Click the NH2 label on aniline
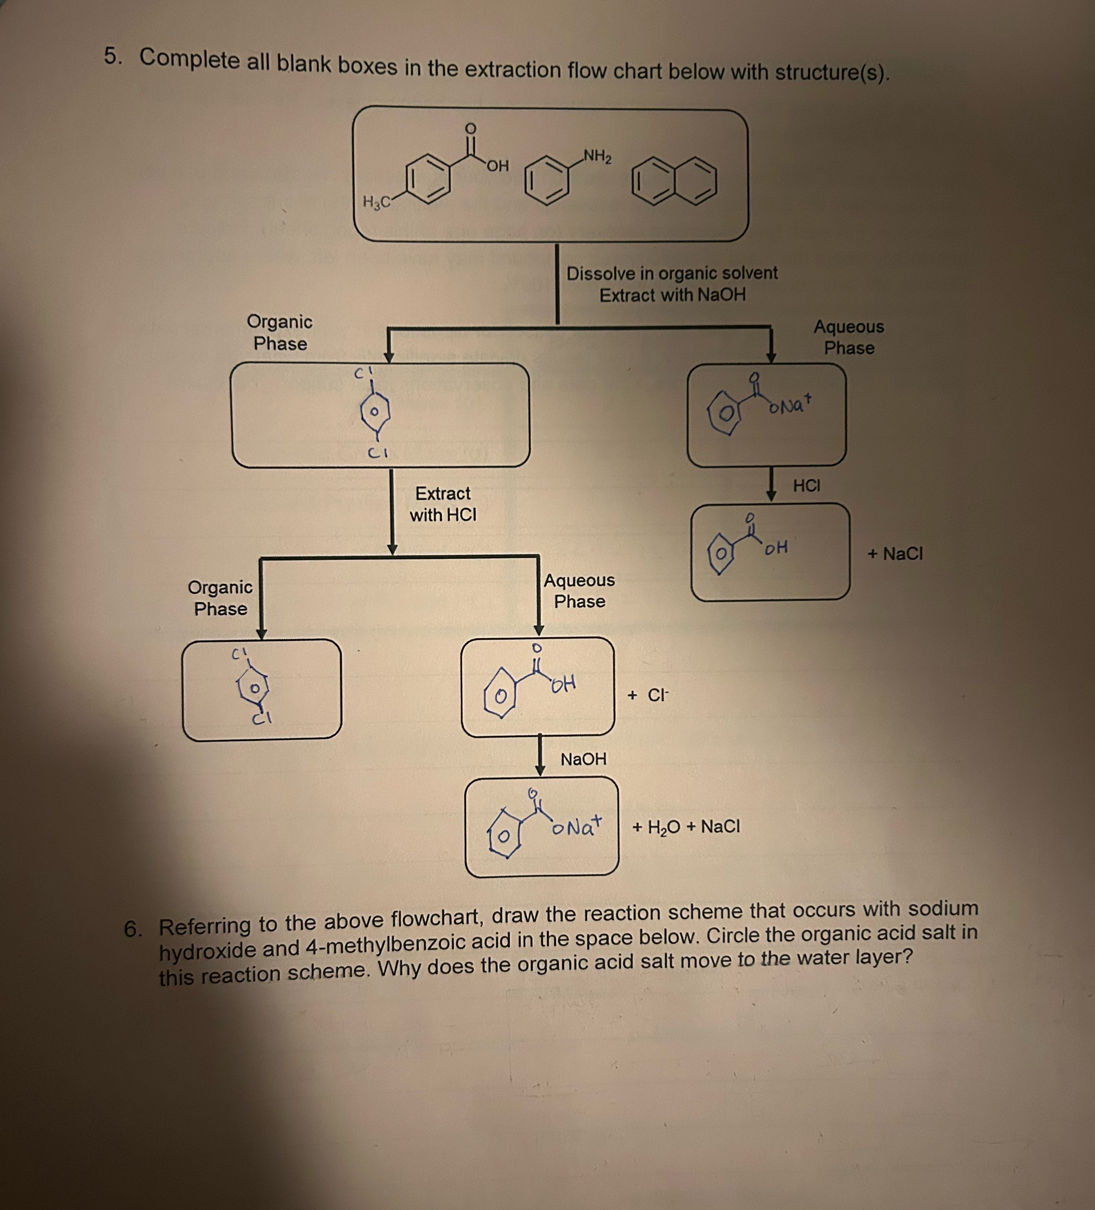click(x=597, y=157)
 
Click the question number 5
click(x=112, y=56)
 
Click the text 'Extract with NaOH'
click(x=672, y=295)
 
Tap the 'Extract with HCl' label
click(x=443, y=504)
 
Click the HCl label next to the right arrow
click(x=806, y=486)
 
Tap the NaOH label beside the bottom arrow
click(x=583, y=759)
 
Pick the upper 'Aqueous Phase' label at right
click(x=848, y=337)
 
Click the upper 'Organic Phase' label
click(x=280, y=332)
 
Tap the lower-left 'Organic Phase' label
click(x=220, y=598)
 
